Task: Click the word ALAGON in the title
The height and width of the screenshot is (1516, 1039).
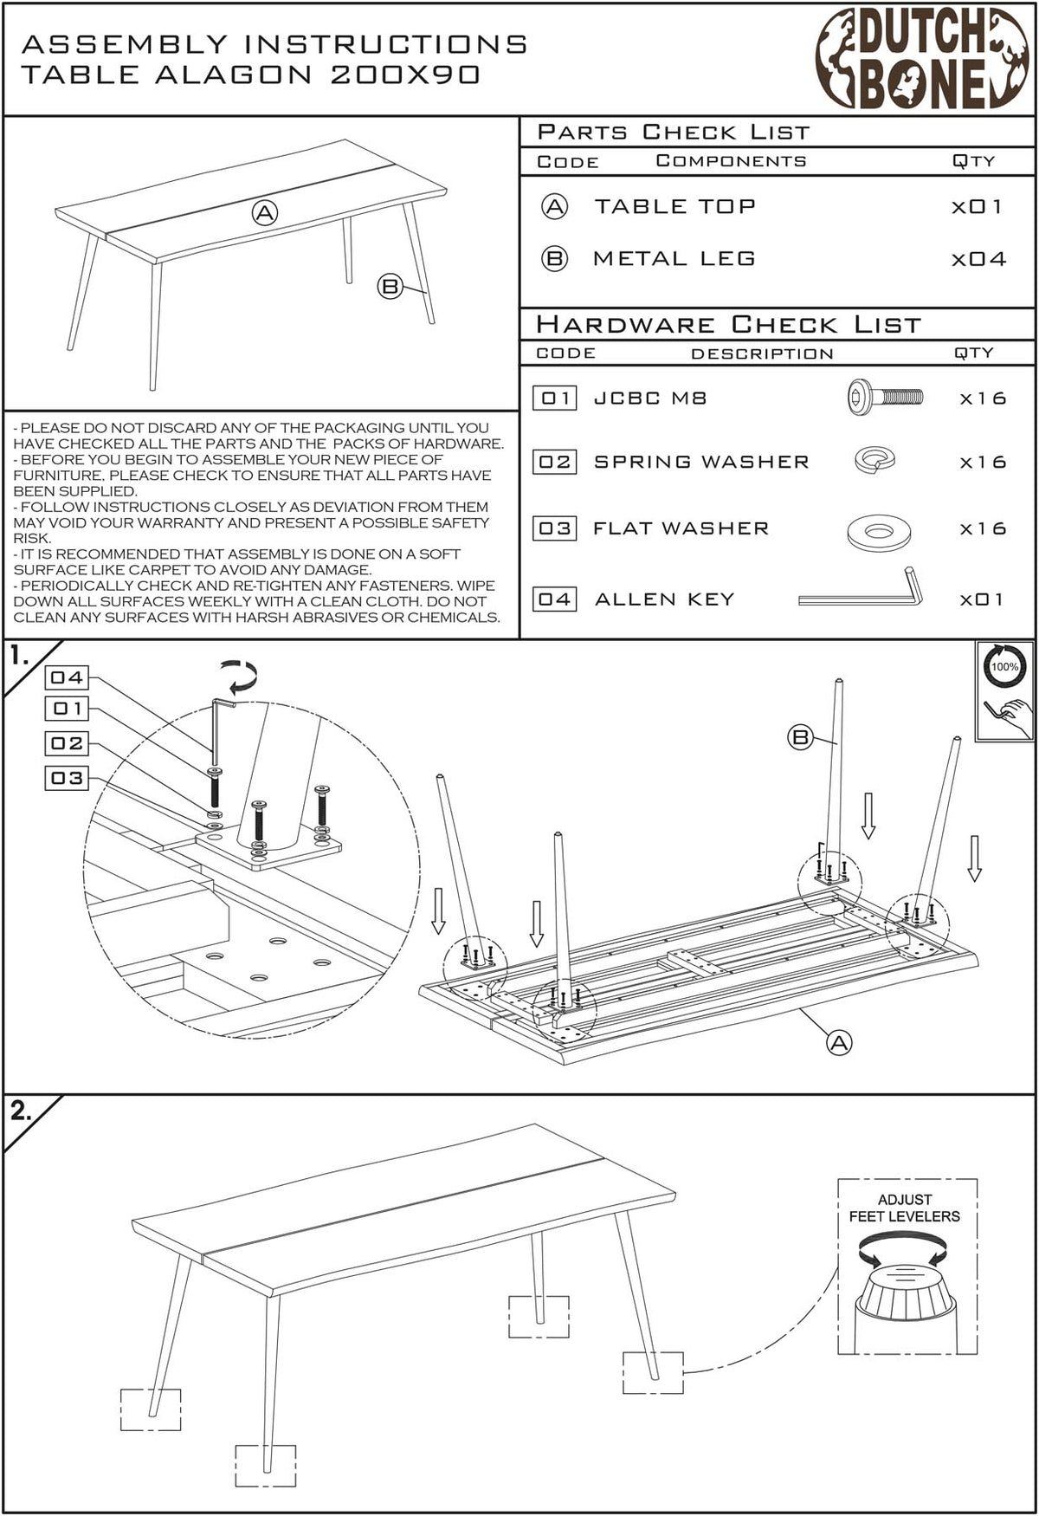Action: tap(233, 75)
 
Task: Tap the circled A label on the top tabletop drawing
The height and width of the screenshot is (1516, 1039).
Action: tap(265, 212)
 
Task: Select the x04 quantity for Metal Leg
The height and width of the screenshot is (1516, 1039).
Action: tap(978, 259)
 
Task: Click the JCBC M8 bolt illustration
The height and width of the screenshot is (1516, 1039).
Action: tap(885, 398)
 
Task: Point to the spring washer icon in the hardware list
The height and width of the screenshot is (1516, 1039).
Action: tap(874, 460)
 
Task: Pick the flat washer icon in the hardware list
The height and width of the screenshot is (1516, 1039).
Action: tap(879, 530)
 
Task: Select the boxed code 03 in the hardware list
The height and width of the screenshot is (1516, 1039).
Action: tap(554, 528)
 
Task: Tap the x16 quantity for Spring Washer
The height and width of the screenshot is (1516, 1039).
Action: tap(983, 463)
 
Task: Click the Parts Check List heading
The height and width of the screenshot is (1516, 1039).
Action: tap(674, 133)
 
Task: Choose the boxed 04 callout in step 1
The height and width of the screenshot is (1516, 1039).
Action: tap(67, 677)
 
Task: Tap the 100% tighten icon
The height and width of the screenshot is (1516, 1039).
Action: tap(1004, 691)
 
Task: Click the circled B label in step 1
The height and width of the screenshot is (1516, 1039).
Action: tap(800, 737)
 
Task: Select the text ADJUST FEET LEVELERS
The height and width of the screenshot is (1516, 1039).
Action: tap(905, 1208)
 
